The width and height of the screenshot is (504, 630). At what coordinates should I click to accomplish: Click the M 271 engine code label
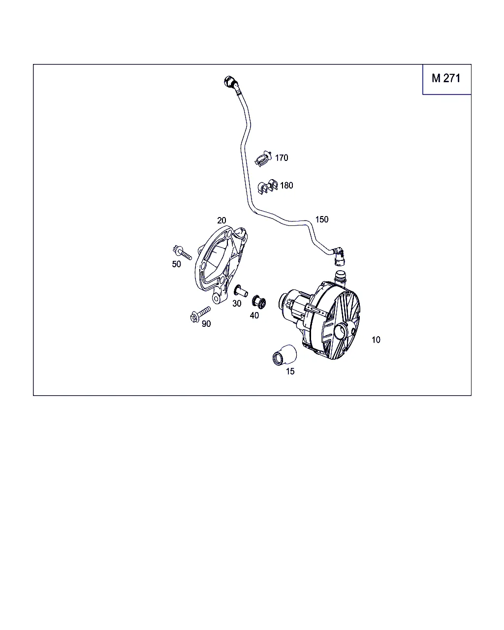tap(446, 78)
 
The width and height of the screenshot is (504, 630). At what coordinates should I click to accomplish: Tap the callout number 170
tap(282, 158)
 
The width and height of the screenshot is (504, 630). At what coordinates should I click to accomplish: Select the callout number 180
tap(286, 186)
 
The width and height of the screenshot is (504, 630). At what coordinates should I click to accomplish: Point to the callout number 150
tap(322, 220)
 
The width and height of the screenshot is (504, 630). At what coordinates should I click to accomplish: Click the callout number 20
tap(221, 220)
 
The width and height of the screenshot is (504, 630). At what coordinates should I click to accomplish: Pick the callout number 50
tap(176, 264)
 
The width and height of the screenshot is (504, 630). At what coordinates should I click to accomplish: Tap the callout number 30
tap(237, 304)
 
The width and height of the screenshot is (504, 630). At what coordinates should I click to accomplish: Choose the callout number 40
tap(254, 315)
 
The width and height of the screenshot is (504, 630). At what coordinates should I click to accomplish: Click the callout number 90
tap(206, 323)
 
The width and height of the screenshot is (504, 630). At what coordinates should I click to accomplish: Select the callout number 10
tap(376, 340)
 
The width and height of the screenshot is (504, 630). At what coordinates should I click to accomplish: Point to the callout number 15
tap(290, 371)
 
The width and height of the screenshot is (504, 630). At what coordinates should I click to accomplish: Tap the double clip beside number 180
tap(267, 186)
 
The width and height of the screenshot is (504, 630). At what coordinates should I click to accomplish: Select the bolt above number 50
tap(182, 252)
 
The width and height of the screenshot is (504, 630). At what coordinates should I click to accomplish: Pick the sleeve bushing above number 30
tap(240, 291)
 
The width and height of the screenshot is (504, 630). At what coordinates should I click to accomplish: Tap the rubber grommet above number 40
tap(259, 301)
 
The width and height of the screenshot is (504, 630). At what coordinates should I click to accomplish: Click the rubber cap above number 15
tap(284, 355)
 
